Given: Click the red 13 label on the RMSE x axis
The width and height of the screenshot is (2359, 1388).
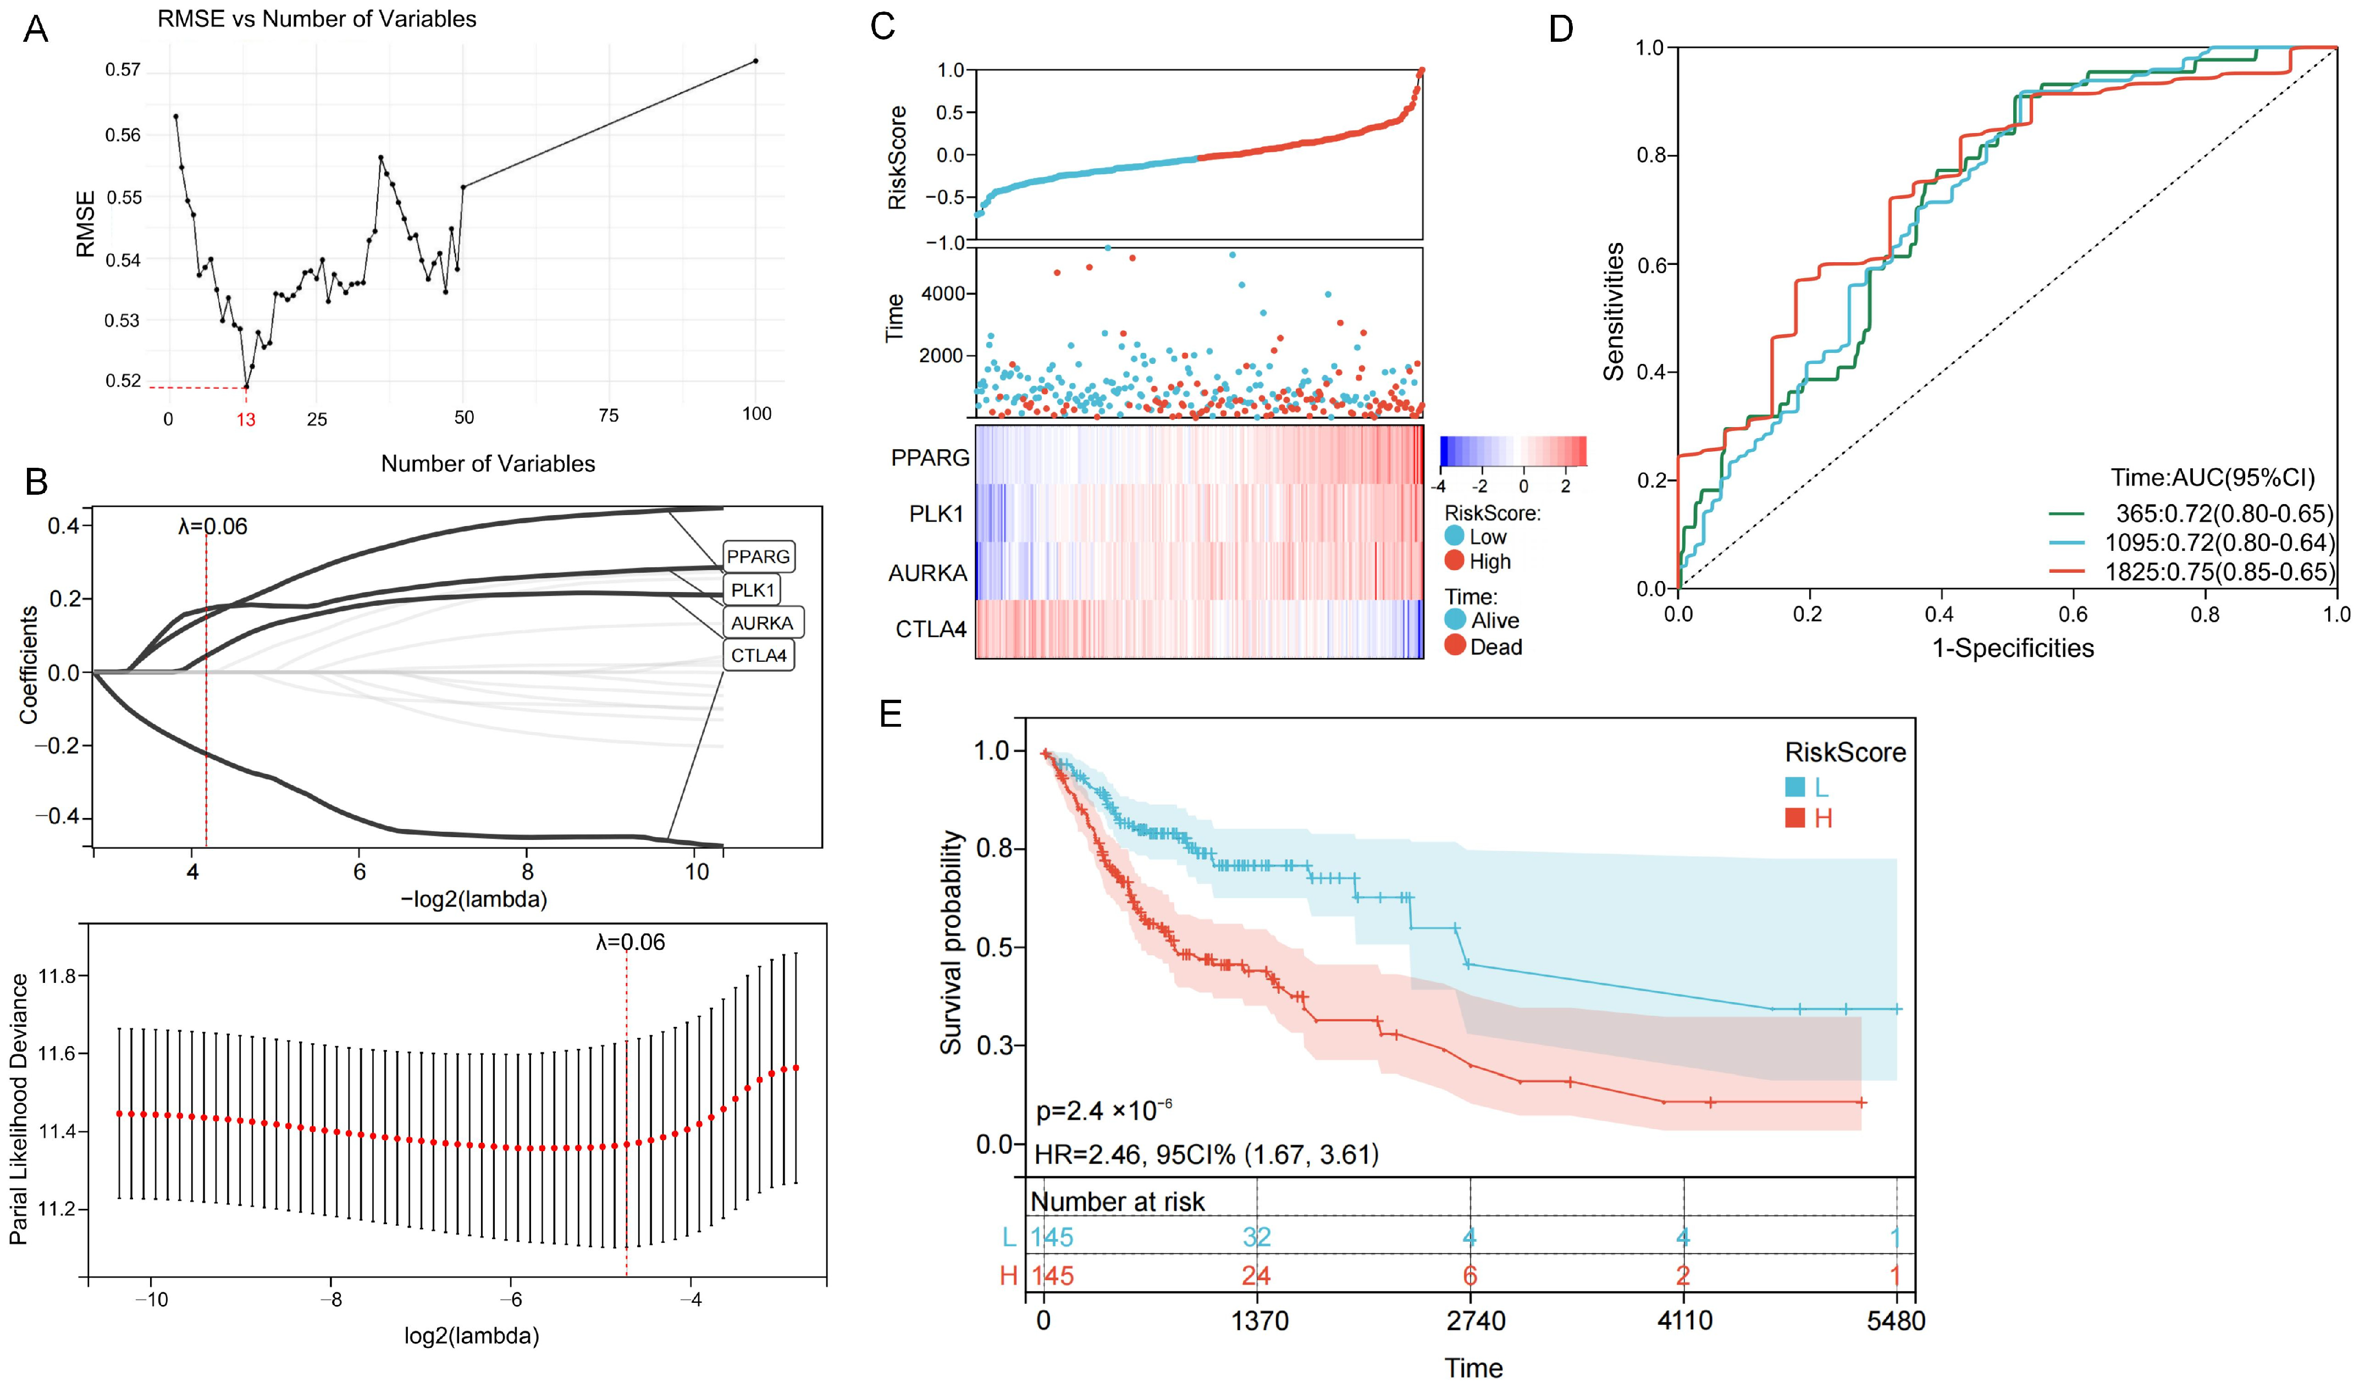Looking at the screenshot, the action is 245,419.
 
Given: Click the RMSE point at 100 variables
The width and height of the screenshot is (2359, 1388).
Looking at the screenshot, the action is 755,61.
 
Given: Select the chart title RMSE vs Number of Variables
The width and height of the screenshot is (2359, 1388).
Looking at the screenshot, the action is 317,19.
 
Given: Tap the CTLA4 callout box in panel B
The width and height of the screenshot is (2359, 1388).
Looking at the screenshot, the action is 758,655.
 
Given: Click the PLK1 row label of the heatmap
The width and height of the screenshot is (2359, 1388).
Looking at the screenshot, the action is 936,514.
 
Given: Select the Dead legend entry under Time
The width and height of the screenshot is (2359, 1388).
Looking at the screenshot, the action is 1484,647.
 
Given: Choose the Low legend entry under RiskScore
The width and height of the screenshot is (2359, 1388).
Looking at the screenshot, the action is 1476,537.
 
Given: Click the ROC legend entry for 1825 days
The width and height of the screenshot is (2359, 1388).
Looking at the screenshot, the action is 2190,571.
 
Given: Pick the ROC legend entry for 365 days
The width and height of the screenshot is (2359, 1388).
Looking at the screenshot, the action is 2190,513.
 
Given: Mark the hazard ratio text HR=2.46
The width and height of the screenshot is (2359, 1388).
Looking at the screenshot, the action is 1086,1154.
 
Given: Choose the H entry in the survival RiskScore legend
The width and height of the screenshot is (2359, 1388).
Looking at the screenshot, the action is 1809,818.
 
